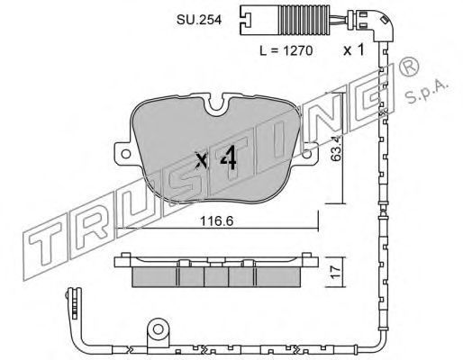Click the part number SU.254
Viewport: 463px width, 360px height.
(x=199, y=20)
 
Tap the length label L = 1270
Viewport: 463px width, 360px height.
(x=286, y=50)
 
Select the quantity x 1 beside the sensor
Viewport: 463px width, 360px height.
(x=354, y=49)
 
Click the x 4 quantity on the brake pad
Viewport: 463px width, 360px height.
(x=216, y=159)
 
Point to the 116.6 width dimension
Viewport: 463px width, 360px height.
(x=217, y=221)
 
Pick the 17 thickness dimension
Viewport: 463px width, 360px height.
(x=336, y=272)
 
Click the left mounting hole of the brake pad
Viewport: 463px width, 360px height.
(x=125, y=154)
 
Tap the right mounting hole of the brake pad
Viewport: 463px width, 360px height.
(x=306, y=154)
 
